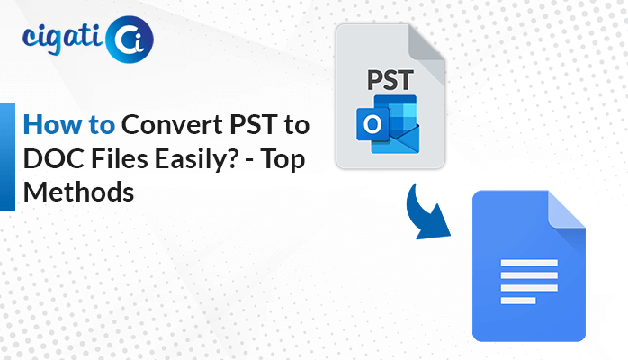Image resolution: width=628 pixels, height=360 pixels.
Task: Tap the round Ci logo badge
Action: pos(129,40)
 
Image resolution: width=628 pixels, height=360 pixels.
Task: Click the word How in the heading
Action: pos(52,124)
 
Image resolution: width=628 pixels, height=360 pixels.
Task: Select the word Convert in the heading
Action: pos(172,124)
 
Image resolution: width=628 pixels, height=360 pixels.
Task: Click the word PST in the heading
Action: pos(254,124)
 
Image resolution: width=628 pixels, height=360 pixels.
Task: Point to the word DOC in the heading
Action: pos(54,158)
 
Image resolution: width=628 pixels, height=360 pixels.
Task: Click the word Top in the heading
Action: pos(283,160)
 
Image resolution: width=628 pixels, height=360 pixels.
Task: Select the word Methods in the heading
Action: pos(78,193)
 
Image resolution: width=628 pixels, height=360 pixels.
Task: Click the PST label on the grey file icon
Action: pos(390,80)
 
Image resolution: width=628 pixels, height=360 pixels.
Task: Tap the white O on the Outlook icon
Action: pos(372,124)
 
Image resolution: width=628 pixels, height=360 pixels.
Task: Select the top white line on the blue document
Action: pos(529,263)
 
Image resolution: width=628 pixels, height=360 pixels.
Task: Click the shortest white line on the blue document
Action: pos(518,301)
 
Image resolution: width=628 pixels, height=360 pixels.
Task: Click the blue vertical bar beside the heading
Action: pos(7,157)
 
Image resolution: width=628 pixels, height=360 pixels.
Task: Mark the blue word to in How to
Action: pos(102,125)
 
